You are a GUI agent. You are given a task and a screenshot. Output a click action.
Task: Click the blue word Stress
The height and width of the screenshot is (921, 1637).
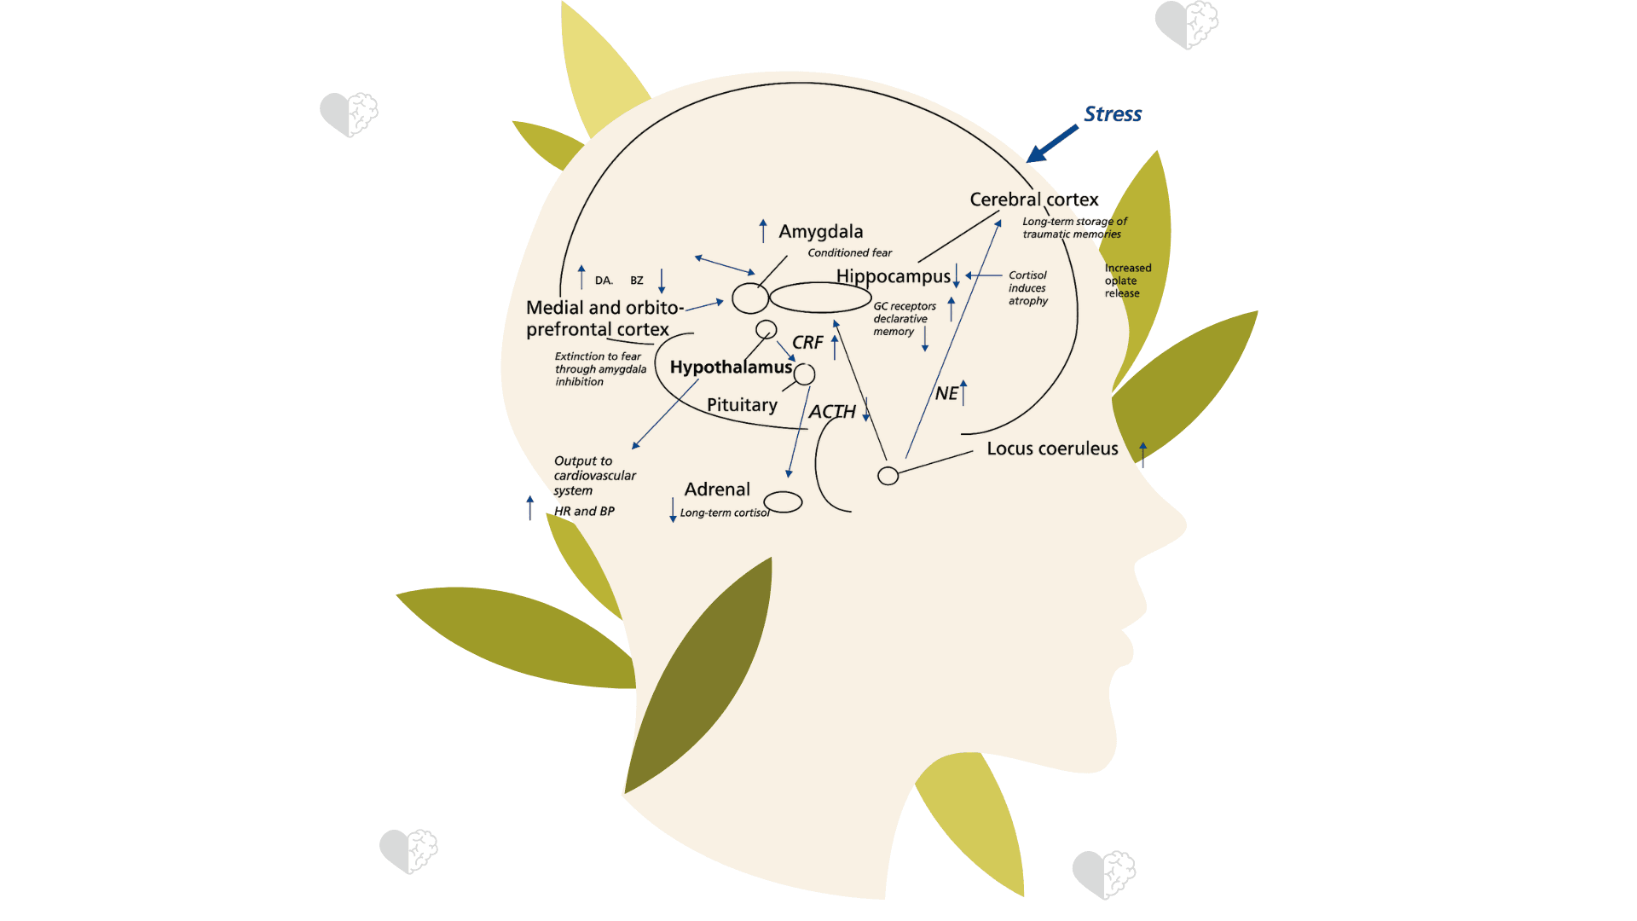1112,114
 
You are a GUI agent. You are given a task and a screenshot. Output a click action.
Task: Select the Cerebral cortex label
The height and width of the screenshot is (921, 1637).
1033,200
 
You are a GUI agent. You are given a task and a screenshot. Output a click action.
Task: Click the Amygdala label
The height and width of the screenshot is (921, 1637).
820,232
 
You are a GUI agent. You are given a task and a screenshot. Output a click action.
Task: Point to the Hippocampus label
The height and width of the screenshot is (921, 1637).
893,276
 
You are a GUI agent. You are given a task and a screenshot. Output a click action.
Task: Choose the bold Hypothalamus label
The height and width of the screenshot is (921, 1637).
731,368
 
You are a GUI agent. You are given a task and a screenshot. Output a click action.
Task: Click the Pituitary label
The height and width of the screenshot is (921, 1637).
742,405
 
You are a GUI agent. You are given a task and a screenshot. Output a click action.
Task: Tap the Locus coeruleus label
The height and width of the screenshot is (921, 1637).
1052,449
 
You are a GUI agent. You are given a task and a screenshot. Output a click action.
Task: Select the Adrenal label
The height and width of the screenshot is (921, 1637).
717,489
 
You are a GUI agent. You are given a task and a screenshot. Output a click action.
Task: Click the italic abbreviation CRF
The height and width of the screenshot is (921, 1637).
807,343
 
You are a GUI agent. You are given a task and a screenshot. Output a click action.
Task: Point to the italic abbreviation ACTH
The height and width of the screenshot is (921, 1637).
831,412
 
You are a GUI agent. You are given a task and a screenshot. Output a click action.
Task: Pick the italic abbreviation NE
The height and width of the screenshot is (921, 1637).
946,394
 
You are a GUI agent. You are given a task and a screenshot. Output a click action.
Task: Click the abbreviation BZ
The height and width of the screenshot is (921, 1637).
637,281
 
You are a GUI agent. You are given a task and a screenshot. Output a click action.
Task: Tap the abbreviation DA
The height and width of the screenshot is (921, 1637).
604,281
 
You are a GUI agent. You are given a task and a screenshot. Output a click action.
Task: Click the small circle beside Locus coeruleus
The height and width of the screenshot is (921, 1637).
888,476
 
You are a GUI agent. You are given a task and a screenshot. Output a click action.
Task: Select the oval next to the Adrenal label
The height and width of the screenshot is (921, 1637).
783,502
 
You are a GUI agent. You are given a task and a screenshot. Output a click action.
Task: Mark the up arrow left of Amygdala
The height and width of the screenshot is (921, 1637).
763,231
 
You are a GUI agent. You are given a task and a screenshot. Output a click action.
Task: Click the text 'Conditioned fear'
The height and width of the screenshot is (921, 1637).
849,253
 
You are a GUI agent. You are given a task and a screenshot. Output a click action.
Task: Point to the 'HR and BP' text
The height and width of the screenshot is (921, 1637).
584,512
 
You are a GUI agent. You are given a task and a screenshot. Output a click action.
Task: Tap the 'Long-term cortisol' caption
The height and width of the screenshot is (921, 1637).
725,513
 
